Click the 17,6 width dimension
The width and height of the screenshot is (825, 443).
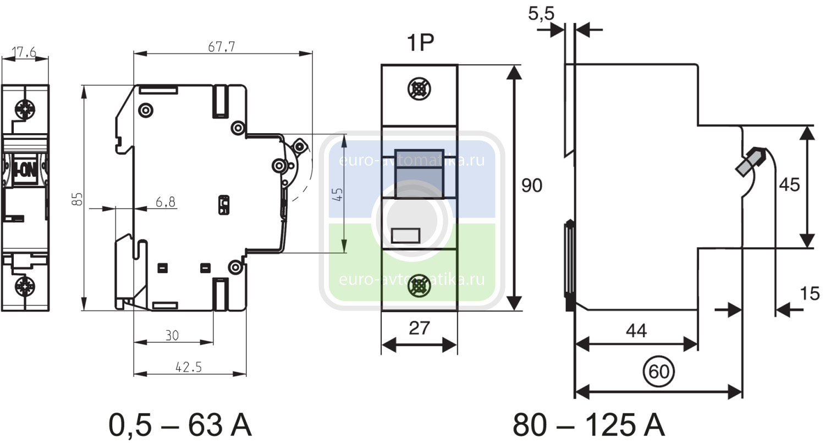pyautogui.click(x=25, y=53)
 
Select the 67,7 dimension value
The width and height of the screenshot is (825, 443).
pyautogui.click(x=222, y=47)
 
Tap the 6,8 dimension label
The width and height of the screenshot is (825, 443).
pyautogui.click(x=165, y=203)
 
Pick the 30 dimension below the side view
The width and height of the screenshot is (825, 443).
pyautogui.click(x=173, y=335)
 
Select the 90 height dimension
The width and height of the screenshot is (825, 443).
pyautogui.click(x=531, y=186)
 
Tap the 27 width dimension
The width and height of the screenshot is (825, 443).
pyautogui.click(x=419, y=328)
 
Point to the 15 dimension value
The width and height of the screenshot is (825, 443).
pyautogui.click(x=810, y=294)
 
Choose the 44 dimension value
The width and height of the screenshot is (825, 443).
pyautogui.click(x=636, y=330)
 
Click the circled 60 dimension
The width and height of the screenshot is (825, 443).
pyautogui.click(x=658, y=372)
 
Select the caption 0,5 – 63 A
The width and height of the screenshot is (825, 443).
pyautogui.click(x=180, y=424)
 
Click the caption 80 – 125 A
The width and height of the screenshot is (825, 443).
pyautogui.click(x=589, y=424)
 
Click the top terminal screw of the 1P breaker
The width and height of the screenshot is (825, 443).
pyautogui.click(x=419, y=89)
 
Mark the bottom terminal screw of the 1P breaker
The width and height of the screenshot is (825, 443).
pyautogui.click(x=419, y=286)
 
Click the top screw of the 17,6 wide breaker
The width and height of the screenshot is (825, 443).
pyautogui.click(x=25, y=108)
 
